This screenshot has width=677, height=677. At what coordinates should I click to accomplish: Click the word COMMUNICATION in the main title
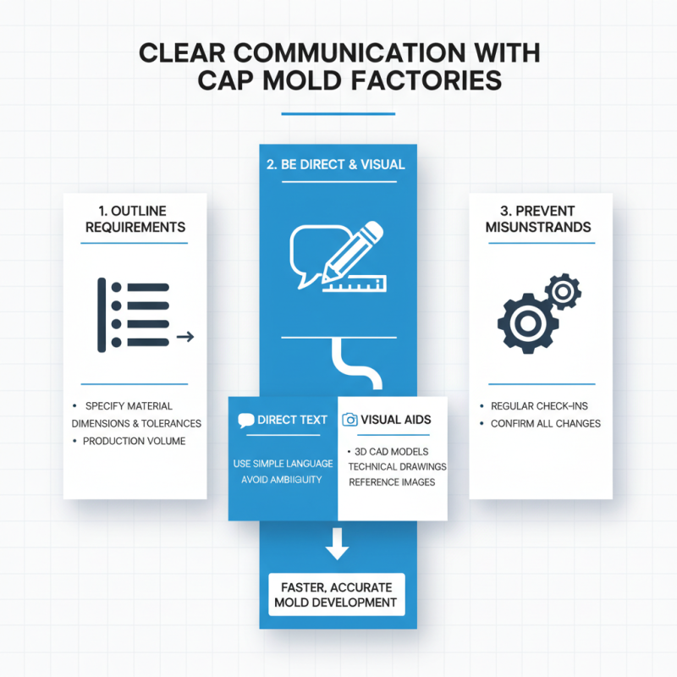pyautogui.click(x=350, y=53)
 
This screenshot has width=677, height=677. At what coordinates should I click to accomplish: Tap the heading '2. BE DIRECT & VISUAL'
pyautogui.click(x=336, y=164)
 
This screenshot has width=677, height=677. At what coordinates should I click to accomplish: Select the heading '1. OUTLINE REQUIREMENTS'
pyautogui.click(x=135, y=219)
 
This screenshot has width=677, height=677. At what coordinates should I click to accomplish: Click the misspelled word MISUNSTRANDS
pyautogui.click(x=538, y=227)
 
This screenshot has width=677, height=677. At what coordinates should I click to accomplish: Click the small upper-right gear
pyautogui.click(x=563, y=291)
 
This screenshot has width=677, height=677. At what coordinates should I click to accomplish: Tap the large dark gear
pyautogui.click(x=528, y=323)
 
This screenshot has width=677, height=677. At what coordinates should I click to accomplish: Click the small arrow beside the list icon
pyautogui.click(x=185, y=336)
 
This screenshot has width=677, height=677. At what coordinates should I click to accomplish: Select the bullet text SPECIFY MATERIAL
pyautogui.click(x=129, y=406)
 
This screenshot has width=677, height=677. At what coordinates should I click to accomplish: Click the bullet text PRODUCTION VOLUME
pyautogui.click(x=134, y=441)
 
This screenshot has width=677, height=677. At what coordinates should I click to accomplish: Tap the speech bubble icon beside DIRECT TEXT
pyautogui.click(x=245, y=420)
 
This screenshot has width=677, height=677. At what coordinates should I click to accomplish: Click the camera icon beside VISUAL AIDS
pyautogui.click(x=350, y=420)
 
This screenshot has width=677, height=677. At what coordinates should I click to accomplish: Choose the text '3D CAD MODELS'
pyautogui.click(x=391, y=452)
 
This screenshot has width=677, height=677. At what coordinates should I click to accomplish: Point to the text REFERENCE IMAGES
pyautogui.click(x=392, y=482)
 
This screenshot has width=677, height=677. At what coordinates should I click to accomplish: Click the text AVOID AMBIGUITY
pyautogui.click(x=282, y=479)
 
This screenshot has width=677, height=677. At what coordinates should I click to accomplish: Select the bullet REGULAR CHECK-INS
pyautogui.click(x=539, y=406)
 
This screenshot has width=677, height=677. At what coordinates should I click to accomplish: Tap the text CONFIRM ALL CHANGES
pyautogui.click(x=546, y=424)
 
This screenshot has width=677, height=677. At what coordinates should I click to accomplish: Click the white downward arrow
pyautogui.click(x=337, y=543)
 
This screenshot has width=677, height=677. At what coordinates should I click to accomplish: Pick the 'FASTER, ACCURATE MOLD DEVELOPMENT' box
pyautogui.click(x=337, y=595)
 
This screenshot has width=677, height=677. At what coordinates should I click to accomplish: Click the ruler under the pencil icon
pyautogui.click(x=355, y=284)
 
